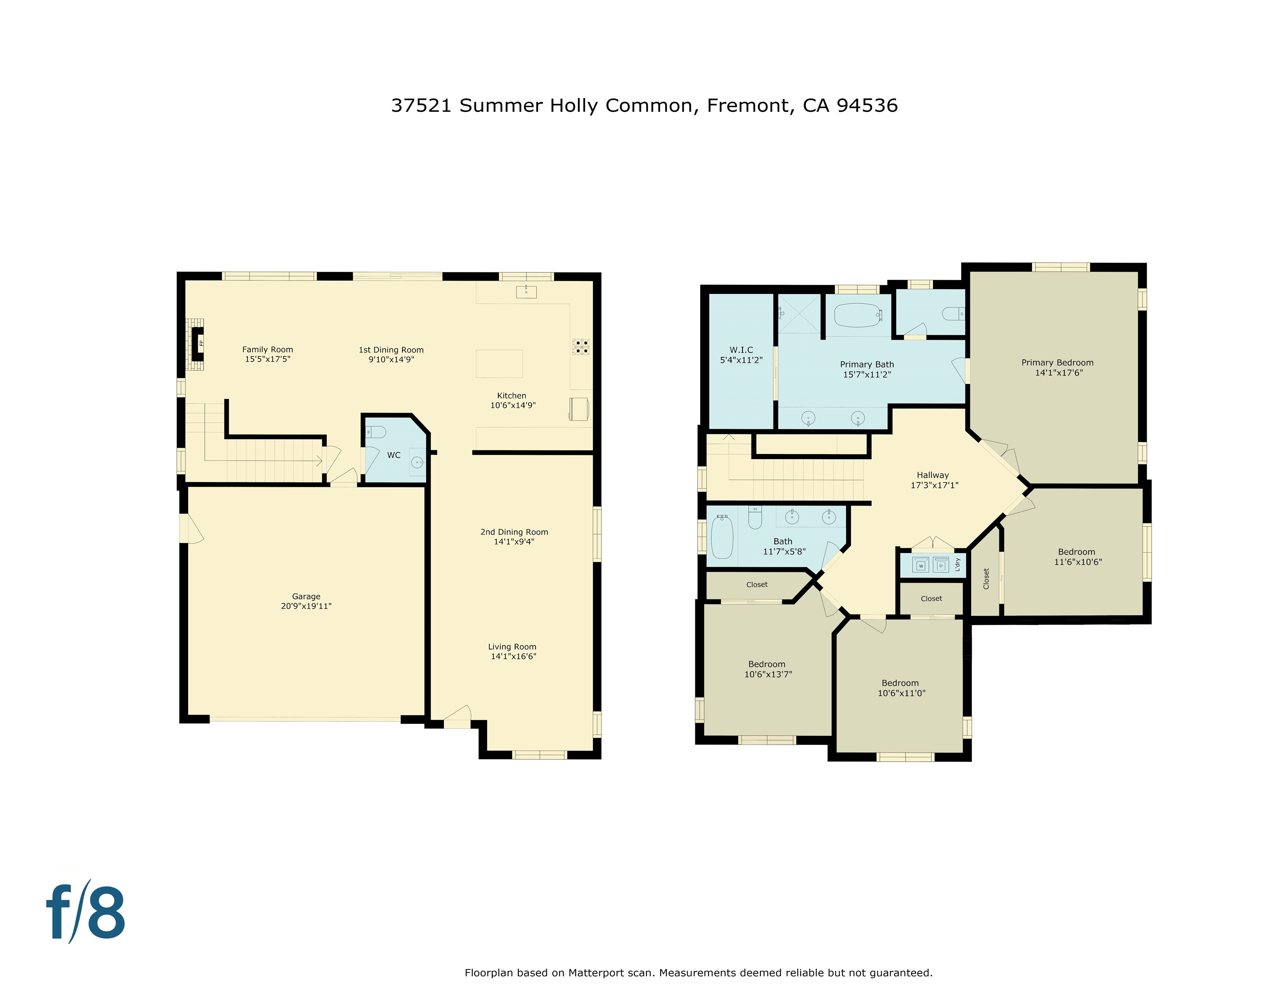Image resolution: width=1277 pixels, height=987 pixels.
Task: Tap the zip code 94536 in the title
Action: click(867, 106)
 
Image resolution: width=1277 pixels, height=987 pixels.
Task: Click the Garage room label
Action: click(306, 596)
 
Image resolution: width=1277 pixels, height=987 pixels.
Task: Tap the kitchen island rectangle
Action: click(499, 364)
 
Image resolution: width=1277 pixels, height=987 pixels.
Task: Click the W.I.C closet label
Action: click(741, 350)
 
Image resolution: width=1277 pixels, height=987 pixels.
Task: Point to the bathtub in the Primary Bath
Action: click(857, 315)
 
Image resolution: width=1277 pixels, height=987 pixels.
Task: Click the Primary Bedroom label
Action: click(1057, 362)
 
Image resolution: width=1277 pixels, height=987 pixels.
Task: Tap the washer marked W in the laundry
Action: click(920, 565)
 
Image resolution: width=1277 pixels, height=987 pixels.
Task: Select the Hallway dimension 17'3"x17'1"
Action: click(934, 485)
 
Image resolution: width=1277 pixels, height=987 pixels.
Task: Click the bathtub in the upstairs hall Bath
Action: click(722, 537)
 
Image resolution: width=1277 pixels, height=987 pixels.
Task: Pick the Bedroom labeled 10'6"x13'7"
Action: click(767, 669)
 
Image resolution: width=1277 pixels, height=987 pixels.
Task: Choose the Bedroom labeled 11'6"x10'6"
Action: click(1077, 556)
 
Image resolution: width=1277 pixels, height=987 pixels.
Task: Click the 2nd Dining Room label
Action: click(514, 532)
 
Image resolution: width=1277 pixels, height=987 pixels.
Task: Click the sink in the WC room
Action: click(417, 463)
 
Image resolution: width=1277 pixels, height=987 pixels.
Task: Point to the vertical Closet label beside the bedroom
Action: click(986, 578)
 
